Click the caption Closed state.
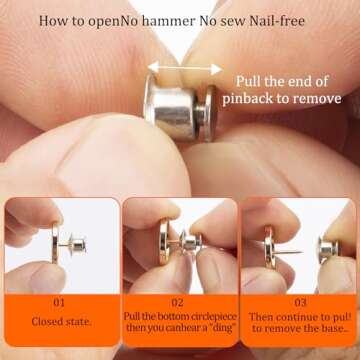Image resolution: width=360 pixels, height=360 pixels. (59, 322)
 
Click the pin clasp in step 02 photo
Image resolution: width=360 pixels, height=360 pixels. (196, 245)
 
